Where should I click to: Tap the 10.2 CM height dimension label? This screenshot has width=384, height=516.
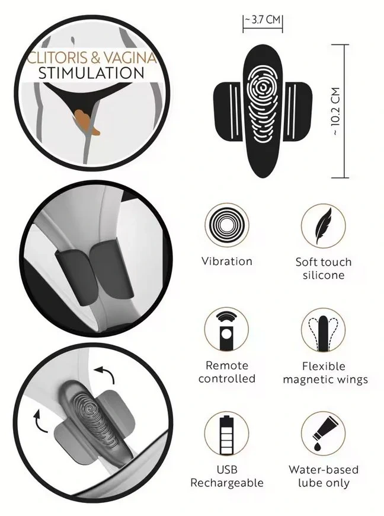[335, 112]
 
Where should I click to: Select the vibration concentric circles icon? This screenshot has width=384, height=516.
[226, 225]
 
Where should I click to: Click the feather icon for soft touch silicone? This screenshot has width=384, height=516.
[324, 226]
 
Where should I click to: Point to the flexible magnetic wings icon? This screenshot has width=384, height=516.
[324, 333]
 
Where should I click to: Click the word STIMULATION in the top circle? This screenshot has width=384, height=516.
[91, 73]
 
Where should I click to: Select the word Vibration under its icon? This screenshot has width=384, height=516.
[227, 262]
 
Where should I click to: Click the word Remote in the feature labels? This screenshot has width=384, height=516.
[227, 365]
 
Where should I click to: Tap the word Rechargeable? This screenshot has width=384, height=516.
[227, 483]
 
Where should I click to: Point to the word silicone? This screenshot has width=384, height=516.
[324, 275]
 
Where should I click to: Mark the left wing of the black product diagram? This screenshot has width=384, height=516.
[229, 111]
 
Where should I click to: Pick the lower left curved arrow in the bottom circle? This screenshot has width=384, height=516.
[40, 421]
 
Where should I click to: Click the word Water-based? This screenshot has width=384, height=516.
[324, 470]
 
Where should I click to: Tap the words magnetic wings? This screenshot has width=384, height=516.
[325, 380]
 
